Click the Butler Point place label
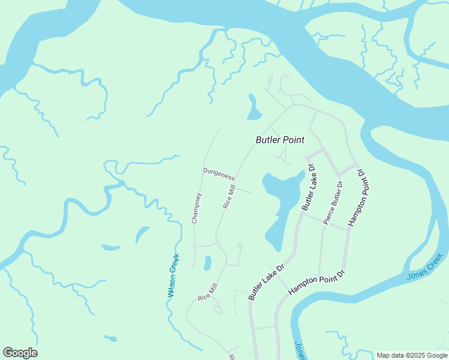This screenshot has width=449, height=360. click(x=280, y=140)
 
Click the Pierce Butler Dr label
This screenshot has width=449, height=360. click(x=334, y=202)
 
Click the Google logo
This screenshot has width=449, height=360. click(x=20, y=353)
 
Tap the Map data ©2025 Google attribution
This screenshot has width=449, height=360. click(x=412, y=355)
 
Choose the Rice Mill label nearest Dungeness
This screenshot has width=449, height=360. click(x=229, y=196)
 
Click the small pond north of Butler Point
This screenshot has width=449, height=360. click(x=253, y=109)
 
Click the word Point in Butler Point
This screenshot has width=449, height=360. click(x=294, y=140)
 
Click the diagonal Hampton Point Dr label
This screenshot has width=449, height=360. click(x=317, y=282)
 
